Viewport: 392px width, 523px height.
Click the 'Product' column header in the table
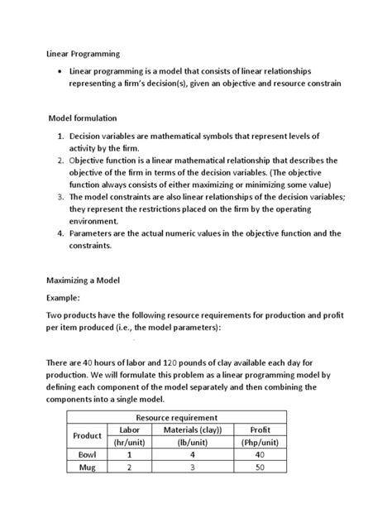click(87, 436)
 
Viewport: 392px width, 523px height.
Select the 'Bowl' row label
click(87, 455)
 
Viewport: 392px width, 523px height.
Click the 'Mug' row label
click(87, 468)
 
